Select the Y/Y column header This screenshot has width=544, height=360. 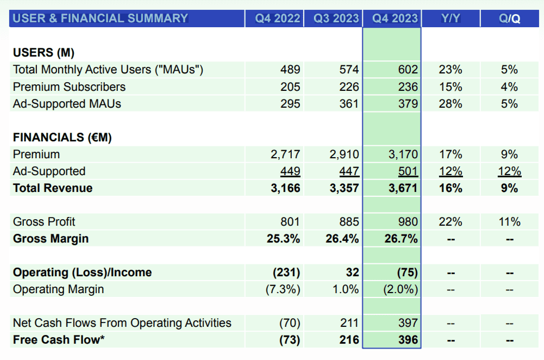pos(451,18)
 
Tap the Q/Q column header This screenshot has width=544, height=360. pos(509,18)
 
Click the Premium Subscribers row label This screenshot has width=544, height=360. pos(69,86)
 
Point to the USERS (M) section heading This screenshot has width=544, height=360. pos(43,53)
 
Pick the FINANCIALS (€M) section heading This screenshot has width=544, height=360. pos(62,138)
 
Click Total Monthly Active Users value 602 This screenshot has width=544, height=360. pos(408,70)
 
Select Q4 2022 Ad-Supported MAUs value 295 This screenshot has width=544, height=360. pos(290,103)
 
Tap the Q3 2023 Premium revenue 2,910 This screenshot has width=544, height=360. pos(344,154)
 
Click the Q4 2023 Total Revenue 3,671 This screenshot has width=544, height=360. pos(403,188)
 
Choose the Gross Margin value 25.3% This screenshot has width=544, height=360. pos(285,239)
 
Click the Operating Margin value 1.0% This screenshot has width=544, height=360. pos(346,289)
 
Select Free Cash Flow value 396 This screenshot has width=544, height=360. pos(408,340)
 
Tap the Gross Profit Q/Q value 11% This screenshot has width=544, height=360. pos(509,222)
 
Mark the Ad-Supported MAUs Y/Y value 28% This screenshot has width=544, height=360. pos(451,103)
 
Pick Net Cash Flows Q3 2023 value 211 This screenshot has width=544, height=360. pos(349,323)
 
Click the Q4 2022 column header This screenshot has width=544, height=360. pos(278,18)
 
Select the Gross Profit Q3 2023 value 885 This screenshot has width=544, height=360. pos(348,222)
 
